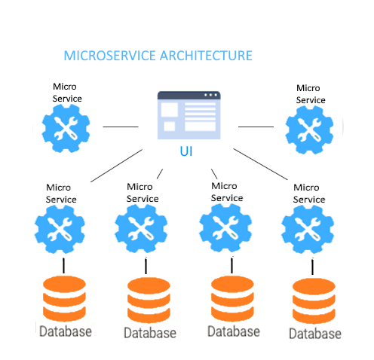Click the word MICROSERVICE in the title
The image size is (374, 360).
(x=110, y=56)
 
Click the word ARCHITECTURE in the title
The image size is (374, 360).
(x=206, y=56)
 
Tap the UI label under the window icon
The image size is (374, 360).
(x=186, y=151)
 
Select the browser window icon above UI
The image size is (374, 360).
(x=189, y=115)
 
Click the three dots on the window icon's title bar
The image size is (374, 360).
(x=210, y=95)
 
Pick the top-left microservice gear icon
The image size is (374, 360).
(x=66, y=129)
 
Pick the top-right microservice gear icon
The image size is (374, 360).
(x=309, y=130)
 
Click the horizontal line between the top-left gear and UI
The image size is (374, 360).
(x=121, y=127)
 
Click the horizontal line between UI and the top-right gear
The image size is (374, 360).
(x=256, y=127)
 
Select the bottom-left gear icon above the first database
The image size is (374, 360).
(x=60, y=229)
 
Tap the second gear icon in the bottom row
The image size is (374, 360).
(x=141, y=228)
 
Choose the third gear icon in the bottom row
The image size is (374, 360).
(x=225, y=227)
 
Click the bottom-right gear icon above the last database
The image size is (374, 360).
(x=308, y=229)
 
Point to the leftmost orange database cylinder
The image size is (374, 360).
(x=64, y=299)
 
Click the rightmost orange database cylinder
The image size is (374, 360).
(x=314, y=301)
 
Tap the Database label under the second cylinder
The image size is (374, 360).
(x=150, y=333)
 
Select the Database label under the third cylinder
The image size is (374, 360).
(x=234, y=331)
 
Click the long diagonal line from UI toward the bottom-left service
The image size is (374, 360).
(x=116, y=166)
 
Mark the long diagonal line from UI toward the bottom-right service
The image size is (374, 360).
(x=260, y=164)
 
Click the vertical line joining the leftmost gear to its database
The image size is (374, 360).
(x=63, y=266)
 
